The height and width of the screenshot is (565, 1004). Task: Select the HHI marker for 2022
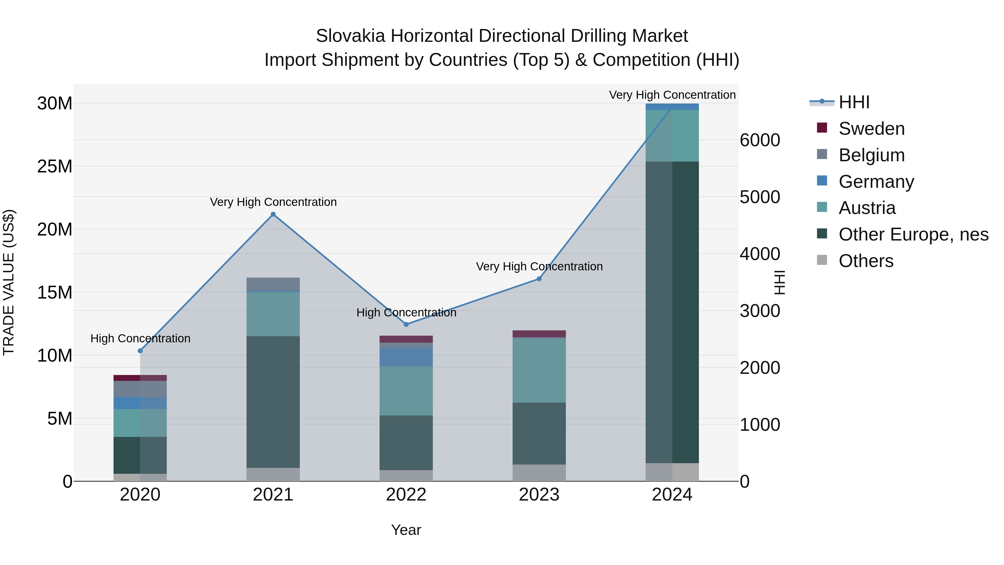406,324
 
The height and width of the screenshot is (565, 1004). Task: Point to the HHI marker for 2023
539,279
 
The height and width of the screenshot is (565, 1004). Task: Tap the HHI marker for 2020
140,351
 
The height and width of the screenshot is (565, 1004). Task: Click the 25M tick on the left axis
55,167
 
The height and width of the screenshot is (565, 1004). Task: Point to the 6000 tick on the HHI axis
760,140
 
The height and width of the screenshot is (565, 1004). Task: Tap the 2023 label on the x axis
539,495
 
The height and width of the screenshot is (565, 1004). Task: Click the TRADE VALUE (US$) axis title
9,282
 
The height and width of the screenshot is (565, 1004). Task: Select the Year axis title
406,530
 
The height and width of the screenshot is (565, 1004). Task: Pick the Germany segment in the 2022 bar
406,357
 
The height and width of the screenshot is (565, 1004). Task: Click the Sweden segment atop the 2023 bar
539,334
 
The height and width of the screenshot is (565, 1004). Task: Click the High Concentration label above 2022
406,313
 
